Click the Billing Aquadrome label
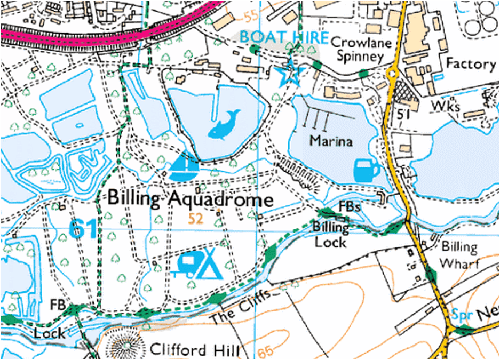point(191,199)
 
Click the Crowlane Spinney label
point(358,49)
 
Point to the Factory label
point(471,64)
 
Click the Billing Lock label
point(330,235)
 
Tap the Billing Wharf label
point(459,255)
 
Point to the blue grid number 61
point(83,228)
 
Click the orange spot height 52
point(196,218)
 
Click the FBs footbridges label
point(349,206)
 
